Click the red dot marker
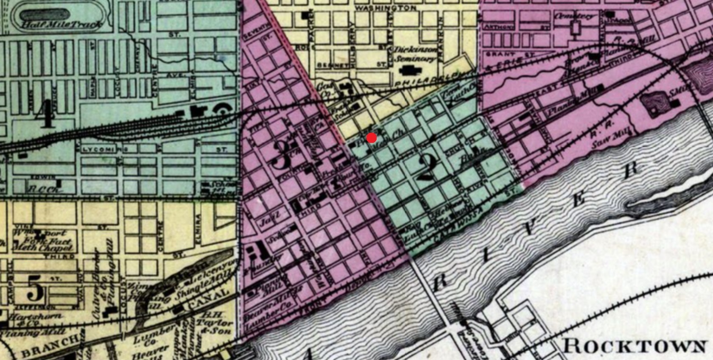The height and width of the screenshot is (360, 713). pos(371,138)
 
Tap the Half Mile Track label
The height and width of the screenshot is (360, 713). pos(62,24)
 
